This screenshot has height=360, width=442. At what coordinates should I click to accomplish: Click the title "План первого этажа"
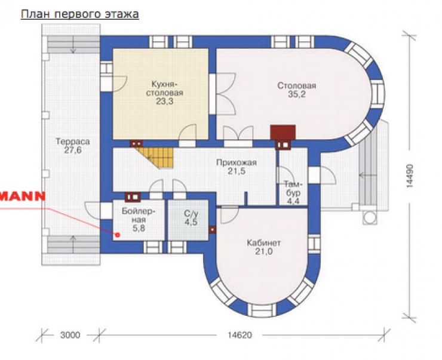click(80, 14)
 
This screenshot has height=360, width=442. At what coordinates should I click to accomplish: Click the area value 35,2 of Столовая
click(296, 94)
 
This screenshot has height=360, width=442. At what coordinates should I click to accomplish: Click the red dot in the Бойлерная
click(118, 235)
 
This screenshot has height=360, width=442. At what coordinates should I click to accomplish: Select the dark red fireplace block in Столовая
click(283, 132)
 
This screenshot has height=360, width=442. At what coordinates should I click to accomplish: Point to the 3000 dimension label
click(70, 335)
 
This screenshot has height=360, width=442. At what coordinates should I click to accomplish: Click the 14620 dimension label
click(240, 335)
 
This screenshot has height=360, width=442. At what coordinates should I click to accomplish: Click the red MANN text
click(23, 196)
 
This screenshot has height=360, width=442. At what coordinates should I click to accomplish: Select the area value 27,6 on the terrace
click(73, 150)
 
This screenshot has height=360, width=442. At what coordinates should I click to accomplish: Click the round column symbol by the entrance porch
click(370, 218)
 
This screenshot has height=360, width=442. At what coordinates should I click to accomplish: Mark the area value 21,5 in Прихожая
click(237, 171)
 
